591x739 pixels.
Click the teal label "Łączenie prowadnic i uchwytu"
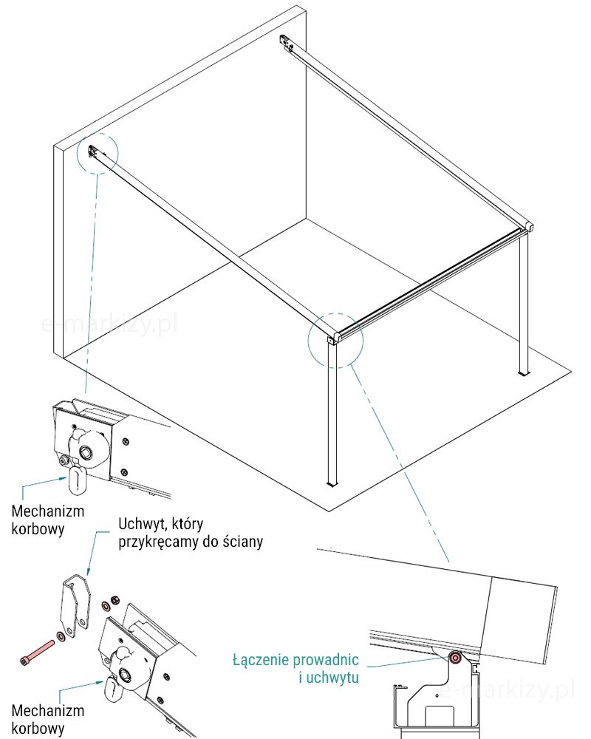pos(295,668)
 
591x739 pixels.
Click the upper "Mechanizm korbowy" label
pos(47,520)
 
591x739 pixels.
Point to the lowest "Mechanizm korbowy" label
pos(47,719)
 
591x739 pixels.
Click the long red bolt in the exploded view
pos(37,651)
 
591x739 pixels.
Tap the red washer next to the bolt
pos(61,637)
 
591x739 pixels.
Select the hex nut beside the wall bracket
pos(114,600)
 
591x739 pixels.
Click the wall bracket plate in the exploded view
pos(75,607)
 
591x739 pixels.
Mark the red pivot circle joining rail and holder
pos(455,658)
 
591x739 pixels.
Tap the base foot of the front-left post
pos(332,483)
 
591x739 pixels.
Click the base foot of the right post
pos(524,374)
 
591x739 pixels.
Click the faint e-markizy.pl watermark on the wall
pos(109,324)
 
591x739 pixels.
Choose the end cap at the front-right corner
pos(530,226)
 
